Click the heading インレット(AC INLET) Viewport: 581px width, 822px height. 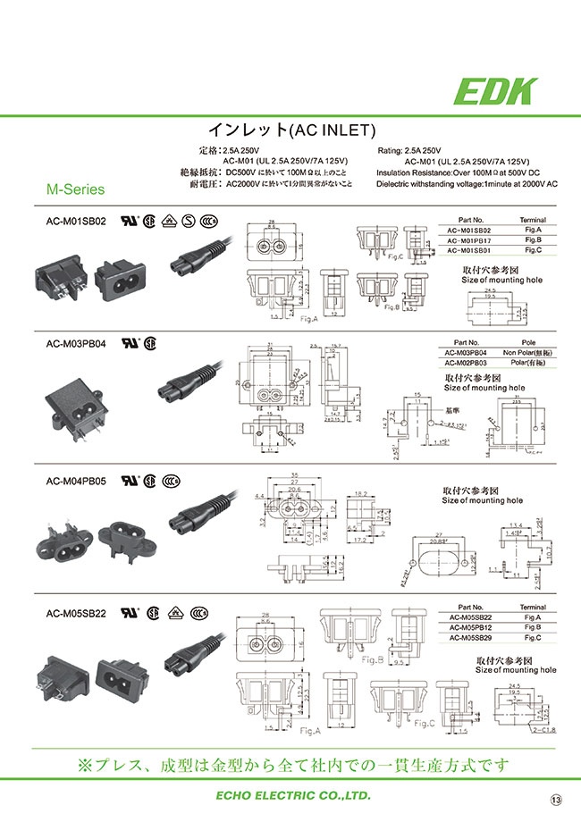[290, 130]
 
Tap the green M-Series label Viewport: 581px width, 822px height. [75, 189]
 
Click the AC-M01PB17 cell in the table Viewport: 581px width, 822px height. [470, 240]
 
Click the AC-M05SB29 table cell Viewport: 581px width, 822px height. [470, 639]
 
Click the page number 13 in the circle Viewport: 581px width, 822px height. [556, 798]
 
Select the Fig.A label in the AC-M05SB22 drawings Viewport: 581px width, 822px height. [309, 730]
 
